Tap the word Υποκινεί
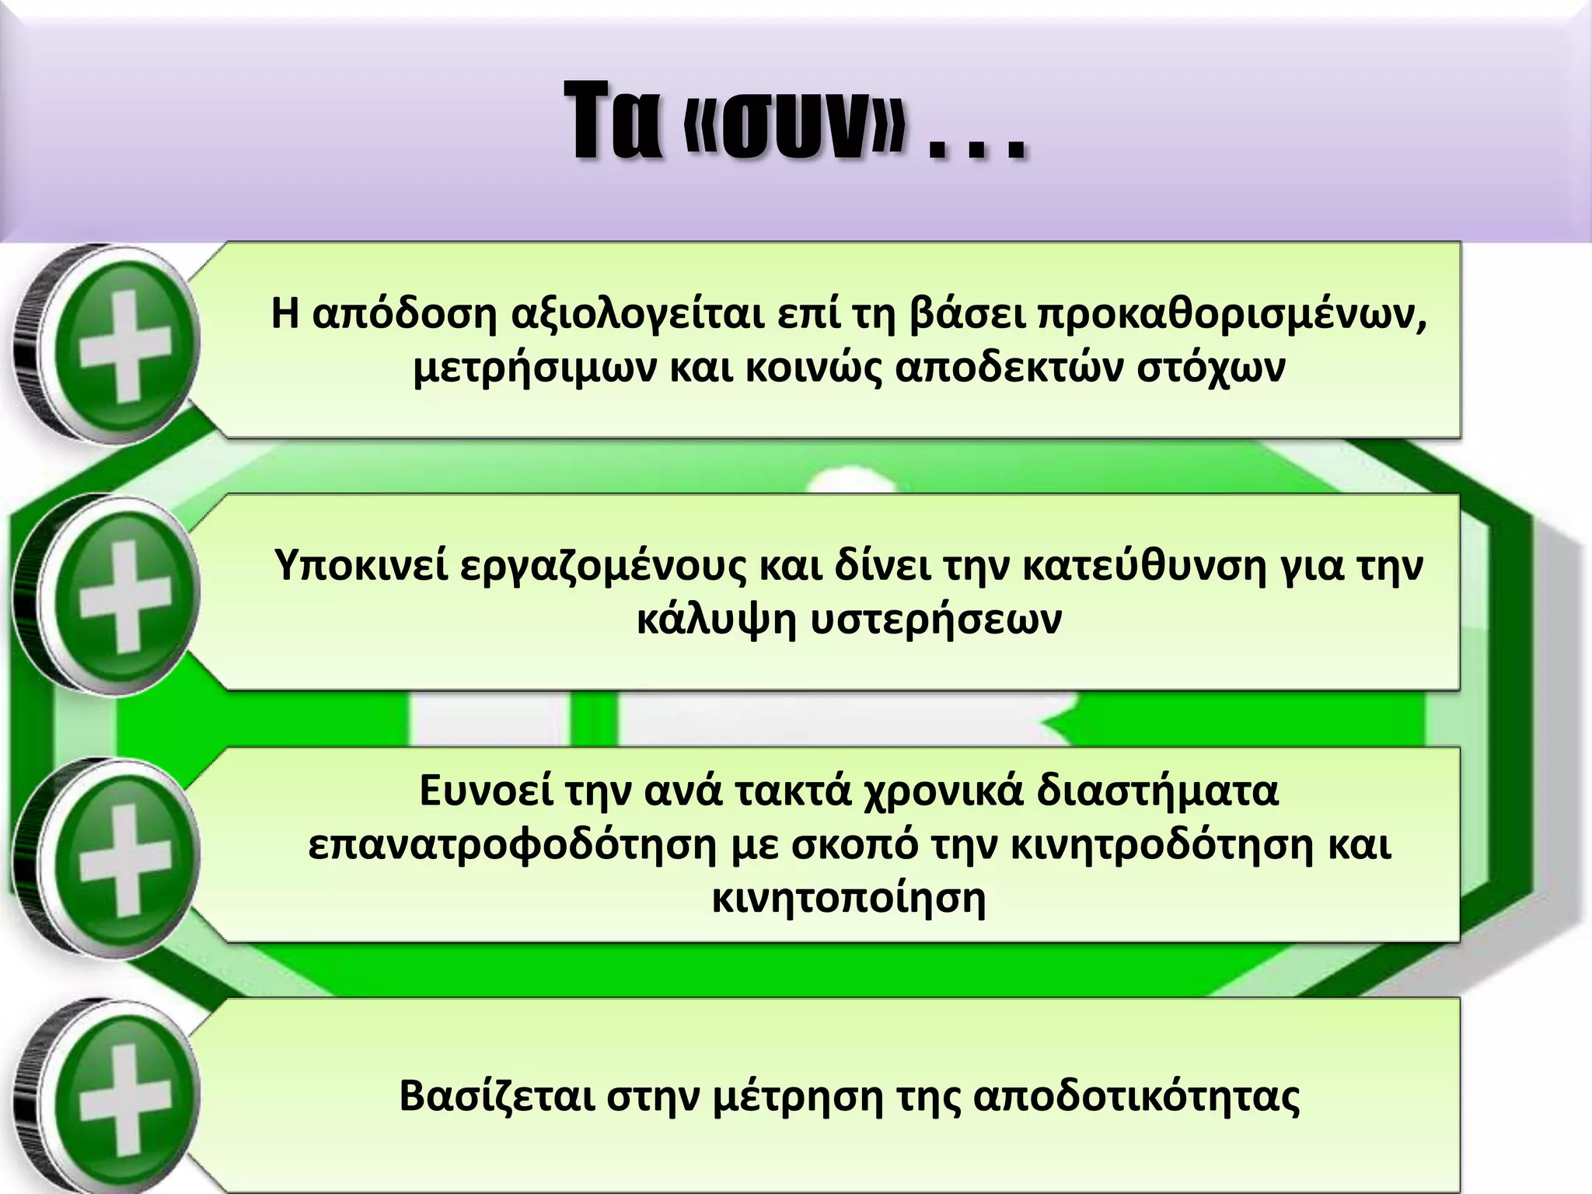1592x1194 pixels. pos(361,567)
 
